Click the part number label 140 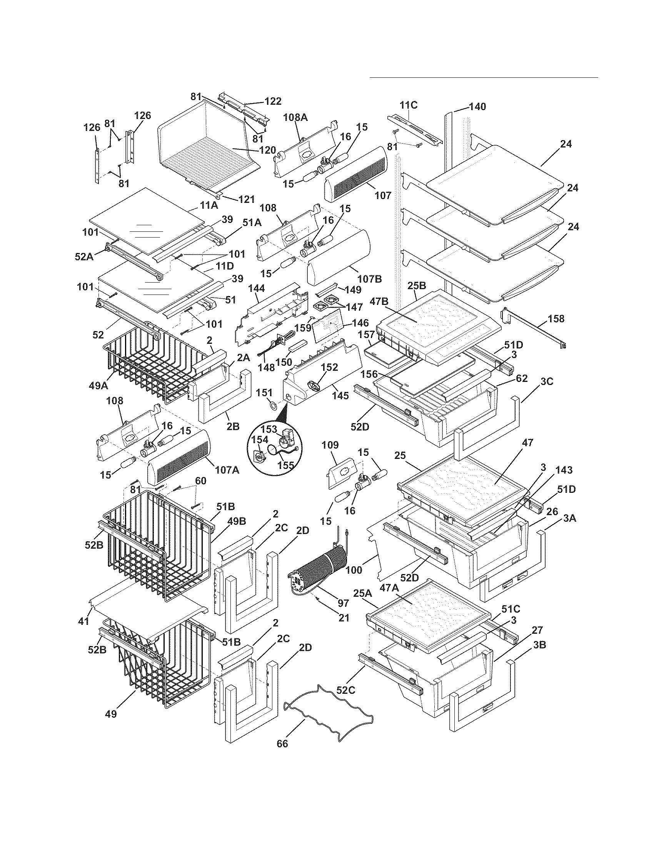click(477, 107)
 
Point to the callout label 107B click(370, 278)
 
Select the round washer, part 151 click(272, 406)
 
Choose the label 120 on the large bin click(268, 150)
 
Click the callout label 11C click(409, 105)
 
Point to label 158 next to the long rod click(556, 319)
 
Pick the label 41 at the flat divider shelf click(84, 621)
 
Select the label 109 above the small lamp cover click(330, 445)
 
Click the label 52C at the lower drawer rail click(346, 690)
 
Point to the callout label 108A click(295, 117)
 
